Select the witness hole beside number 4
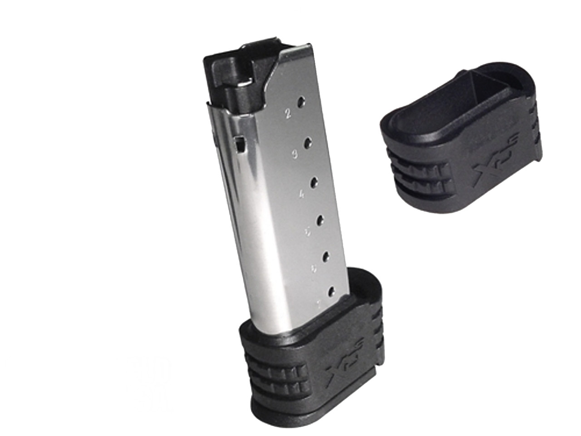click(x=313, y=183)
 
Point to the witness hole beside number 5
click(x=320, y=220)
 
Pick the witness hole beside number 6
click(x=326, y=257)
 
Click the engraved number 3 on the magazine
click(x=294, y=154)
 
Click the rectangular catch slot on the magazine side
click(x=240, y=144)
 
